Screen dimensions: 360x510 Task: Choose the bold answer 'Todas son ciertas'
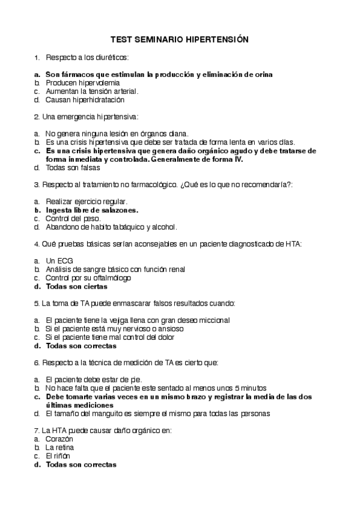tap(77, 286)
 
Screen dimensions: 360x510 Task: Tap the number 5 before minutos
tap(238, 389)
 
